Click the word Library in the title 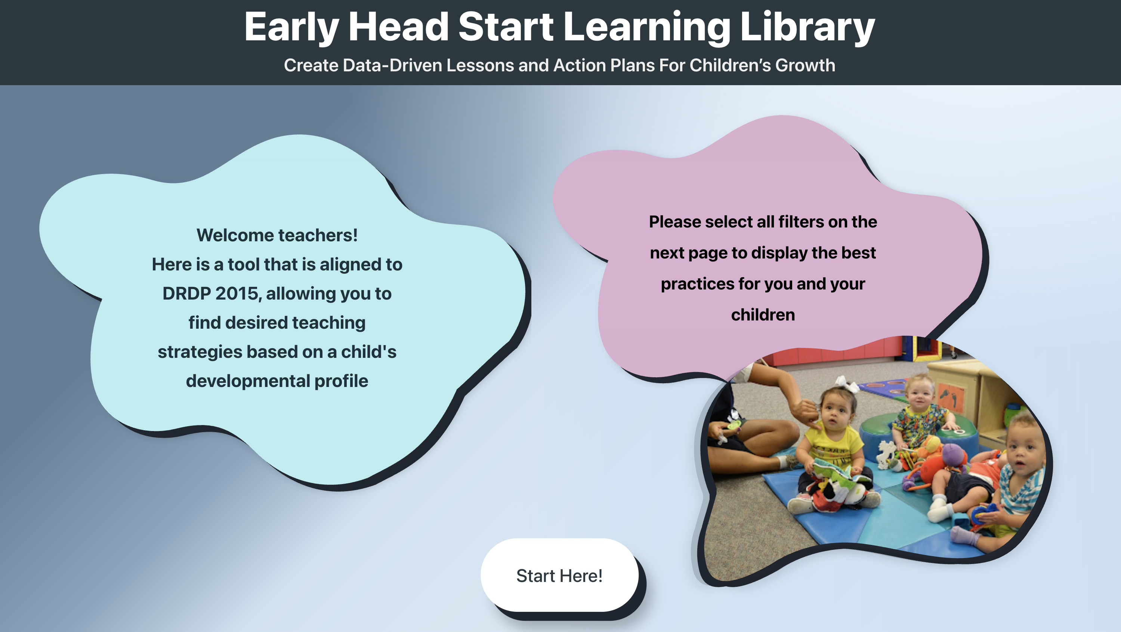807,27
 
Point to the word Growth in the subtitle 805,65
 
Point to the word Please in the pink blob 674,222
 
